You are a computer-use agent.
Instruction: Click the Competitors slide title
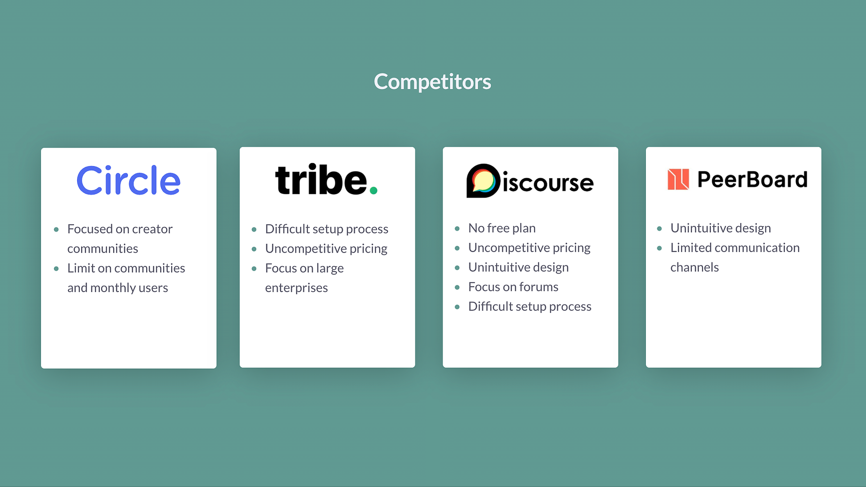click(x=432, y=82)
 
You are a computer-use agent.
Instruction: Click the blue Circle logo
click(x=129, y=180)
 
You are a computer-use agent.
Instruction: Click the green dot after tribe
click(x=373, y=190)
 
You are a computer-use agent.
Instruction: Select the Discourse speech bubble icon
click(x=483, y=181)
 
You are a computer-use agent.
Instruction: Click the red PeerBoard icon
click(x=678, y=179)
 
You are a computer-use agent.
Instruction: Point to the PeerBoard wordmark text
click(x=752, y=180)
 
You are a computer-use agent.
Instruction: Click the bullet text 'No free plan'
click(x=502, y=228)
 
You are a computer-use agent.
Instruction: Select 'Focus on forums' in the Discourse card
click(x=513, y=287)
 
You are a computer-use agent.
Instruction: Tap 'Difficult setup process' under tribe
click(x=327, y=229)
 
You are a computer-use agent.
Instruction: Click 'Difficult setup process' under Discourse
click(x=530, y=307)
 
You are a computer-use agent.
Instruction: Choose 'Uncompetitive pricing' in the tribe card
click(x=326, y=249)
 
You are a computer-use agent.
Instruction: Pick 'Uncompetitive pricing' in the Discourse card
click(x=529, y=248)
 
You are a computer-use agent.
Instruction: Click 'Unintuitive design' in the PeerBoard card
click(x=721, y=228)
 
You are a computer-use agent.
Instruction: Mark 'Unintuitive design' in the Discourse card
click(x=518, y=267)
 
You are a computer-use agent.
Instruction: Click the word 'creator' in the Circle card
click(x=152, y=229)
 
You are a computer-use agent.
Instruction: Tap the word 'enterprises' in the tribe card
click(x=296, y=288)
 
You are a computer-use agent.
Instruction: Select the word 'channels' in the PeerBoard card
click(x=694, y=267)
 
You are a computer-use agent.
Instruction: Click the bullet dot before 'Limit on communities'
click(x=56, y=269)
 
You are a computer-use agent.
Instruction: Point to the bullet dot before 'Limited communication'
click(x=660, y=248)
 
